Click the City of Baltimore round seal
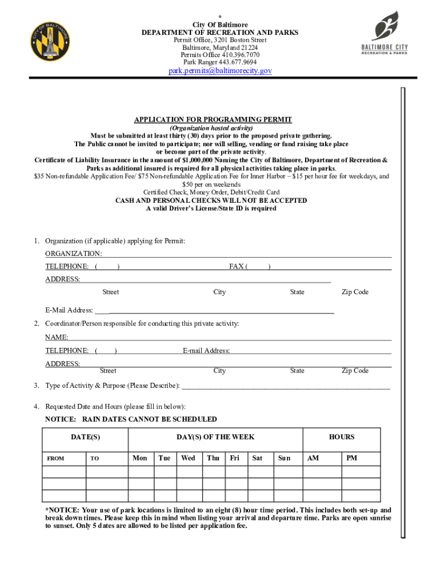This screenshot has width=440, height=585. (51, 41)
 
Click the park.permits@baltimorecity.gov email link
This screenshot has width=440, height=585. (220, 71)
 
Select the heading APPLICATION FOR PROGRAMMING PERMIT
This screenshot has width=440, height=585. (213, 119)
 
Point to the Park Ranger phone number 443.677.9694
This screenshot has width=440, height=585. (220, 62)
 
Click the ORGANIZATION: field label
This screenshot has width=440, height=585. (74, 253)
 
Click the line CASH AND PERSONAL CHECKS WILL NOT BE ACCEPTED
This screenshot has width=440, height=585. (211, 201)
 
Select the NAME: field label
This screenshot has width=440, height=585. (57, 338)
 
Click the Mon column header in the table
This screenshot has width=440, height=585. (140, 458)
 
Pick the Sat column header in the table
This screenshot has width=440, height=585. (258, 458)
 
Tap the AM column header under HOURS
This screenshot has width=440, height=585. (313, 458)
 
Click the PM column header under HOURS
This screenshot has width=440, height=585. (352, 458)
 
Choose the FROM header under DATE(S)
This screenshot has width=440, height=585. (55, 458)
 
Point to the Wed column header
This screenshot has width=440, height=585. (188, 458)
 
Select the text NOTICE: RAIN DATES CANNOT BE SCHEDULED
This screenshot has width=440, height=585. (131, 419)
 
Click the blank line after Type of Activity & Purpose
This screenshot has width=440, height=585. (286, 386)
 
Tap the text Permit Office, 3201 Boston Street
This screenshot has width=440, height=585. (220, 41)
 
